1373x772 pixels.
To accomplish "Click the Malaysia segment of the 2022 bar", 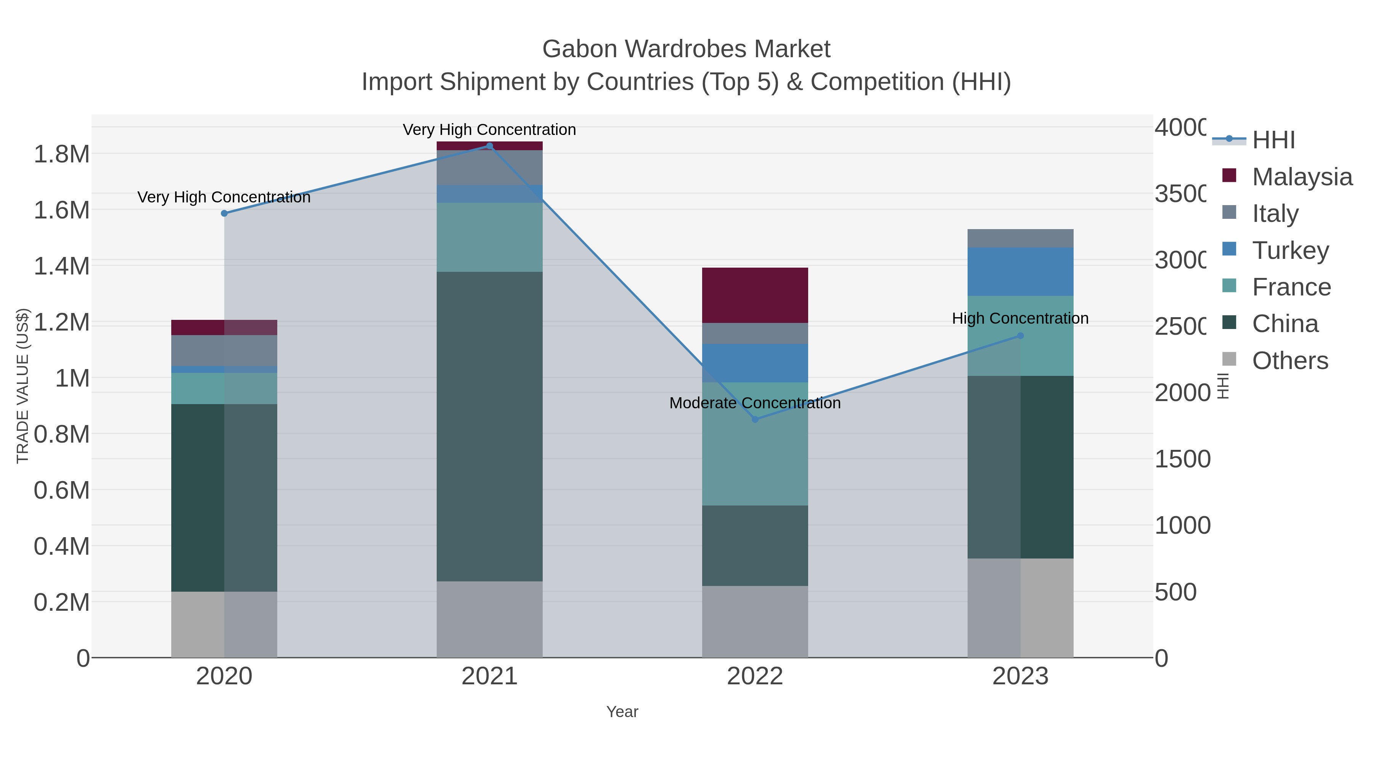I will tap(755, 295).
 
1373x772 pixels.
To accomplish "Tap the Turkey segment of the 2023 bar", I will tap(1020, 271).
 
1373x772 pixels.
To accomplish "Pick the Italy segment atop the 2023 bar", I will tap(1020, 238).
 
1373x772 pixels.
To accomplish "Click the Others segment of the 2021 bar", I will tap(489, 619).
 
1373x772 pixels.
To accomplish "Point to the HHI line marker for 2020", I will tap(224, 213).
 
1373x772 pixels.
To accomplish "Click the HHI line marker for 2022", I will tap(755, 419).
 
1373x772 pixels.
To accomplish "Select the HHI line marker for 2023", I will tap(1020, 335).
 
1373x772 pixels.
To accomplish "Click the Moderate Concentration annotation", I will tap(755, 403).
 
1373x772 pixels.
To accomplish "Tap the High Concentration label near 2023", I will tap(1020, 318).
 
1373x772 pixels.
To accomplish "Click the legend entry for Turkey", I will tap(1290, 250).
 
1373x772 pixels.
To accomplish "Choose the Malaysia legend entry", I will tap(1302, 177).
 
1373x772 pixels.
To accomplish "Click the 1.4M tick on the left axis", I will tap(62, 266).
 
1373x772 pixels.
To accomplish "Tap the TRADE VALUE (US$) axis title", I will tap(23, 386).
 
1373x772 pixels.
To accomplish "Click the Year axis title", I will tap(622, 712).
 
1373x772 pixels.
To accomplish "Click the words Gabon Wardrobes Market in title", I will tap(686, 49).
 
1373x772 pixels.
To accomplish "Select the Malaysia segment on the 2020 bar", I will tap(224, 327).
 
